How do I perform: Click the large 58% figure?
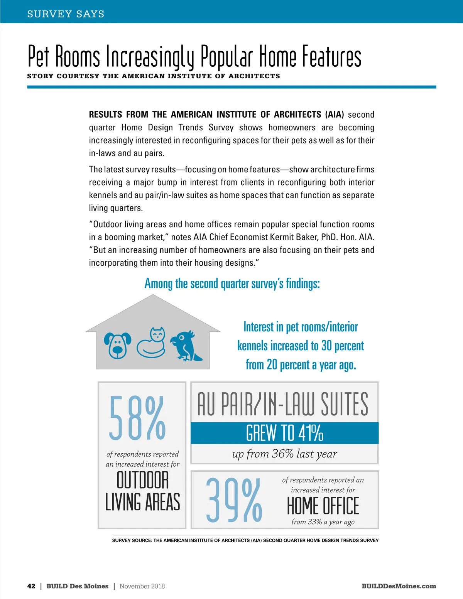pyautogui.click(x=137, y=418)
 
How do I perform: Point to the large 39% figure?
pyautogui.click(x=234, y=500)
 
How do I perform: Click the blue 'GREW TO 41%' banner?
pyautogui.click(x=285, y=433)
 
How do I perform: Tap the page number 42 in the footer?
pyautogui.click(x=31, y=586)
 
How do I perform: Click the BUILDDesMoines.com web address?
pyautogui.click(x=399, y=586)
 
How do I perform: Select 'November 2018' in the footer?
pyautogui.click(x=142, y=586)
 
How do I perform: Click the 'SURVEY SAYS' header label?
pyautogui.click(x=66, y=14)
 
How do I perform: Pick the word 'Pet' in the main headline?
pyautogui.click(x=39, y=57)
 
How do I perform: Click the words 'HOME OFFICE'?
pyautogui.click(x=323, y=506)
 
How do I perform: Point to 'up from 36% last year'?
pyautogui.click(x=285, y=454)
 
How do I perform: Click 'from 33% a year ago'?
pyautogui.click(x=323, y=522)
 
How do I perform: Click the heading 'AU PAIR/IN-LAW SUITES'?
pyautogui.click(x=283, y=404)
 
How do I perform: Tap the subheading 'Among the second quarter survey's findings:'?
pyautogui.click(x=232, y=283)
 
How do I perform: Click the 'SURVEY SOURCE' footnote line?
pyautogui.click(x=245, y=540)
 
